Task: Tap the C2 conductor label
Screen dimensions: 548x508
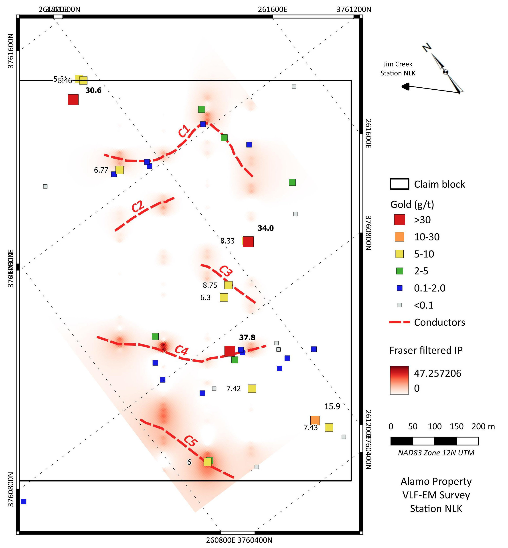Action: pos(138,206)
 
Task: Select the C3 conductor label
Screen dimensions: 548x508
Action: pos(226,271)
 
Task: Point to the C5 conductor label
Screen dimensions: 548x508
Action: pos(190,441)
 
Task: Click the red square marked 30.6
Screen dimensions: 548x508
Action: pos(73,100)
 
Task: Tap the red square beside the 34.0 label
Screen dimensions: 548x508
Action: pos(248,242)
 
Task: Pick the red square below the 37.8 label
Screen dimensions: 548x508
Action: pos(230,351)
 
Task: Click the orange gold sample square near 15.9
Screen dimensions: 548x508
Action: pos(315,421)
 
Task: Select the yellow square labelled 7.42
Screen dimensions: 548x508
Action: pos(252,388)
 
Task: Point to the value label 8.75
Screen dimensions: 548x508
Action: pos(210,285)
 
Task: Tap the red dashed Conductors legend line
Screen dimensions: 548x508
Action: pos(399,322)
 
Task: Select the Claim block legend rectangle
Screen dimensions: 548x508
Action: pos(399,184)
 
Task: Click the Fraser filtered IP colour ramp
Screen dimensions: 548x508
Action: pos(399,380)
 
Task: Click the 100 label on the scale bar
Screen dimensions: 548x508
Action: pos(435,426)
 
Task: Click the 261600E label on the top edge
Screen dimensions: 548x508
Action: pos(272,10)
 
